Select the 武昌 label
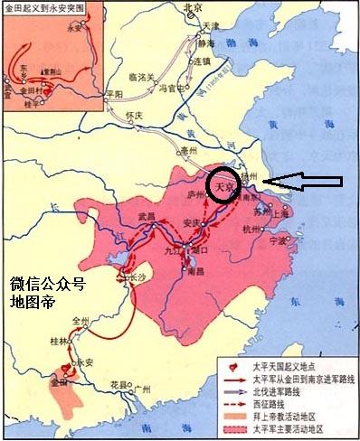tap(148, 216)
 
